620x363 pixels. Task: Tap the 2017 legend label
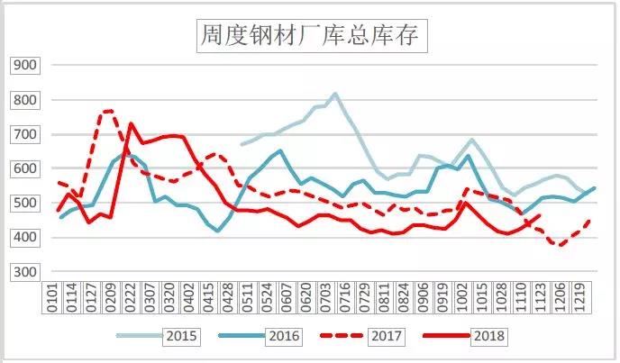point(387,336)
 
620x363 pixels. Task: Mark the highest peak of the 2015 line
point(335,94)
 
